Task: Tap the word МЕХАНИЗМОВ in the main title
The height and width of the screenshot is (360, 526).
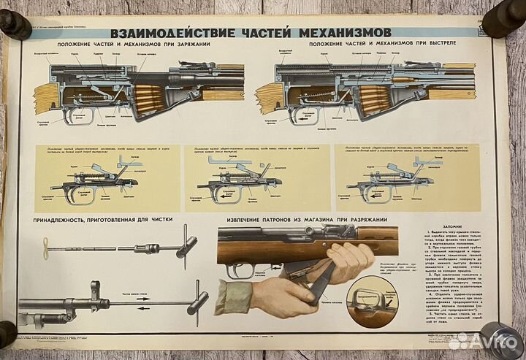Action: (343, 33)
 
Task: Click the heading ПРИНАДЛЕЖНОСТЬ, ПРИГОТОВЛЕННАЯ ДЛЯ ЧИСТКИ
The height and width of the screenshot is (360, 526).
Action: (100, 220)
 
